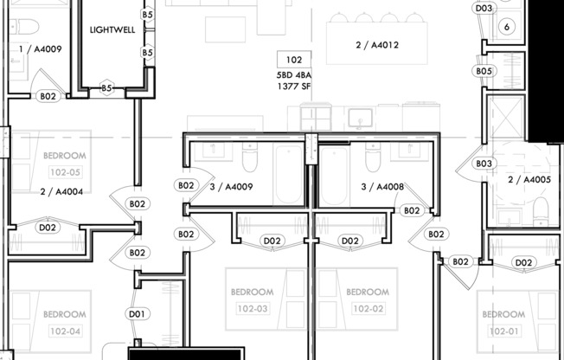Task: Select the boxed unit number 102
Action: click(x=294, y=61)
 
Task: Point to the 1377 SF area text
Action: click(x=294, y=87)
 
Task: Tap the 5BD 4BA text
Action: click(x=294, y=75)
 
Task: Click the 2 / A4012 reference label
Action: click(x=377, y=45)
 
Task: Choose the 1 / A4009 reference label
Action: click(x=40, y=49)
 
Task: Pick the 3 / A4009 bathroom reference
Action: click(x=232, y=185)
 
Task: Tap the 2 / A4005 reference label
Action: click(x=529, y=180)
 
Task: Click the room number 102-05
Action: click(x=65, y=171)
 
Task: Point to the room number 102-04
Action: click(x=65, y=331)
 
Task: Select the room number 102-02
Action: click(x=368, y=308)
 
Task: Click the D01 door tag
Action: click(x=137, y=313)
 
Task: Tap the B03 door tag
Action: click(x=484, y=164)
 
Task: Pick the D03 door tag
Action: click(x=484, y=9)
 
